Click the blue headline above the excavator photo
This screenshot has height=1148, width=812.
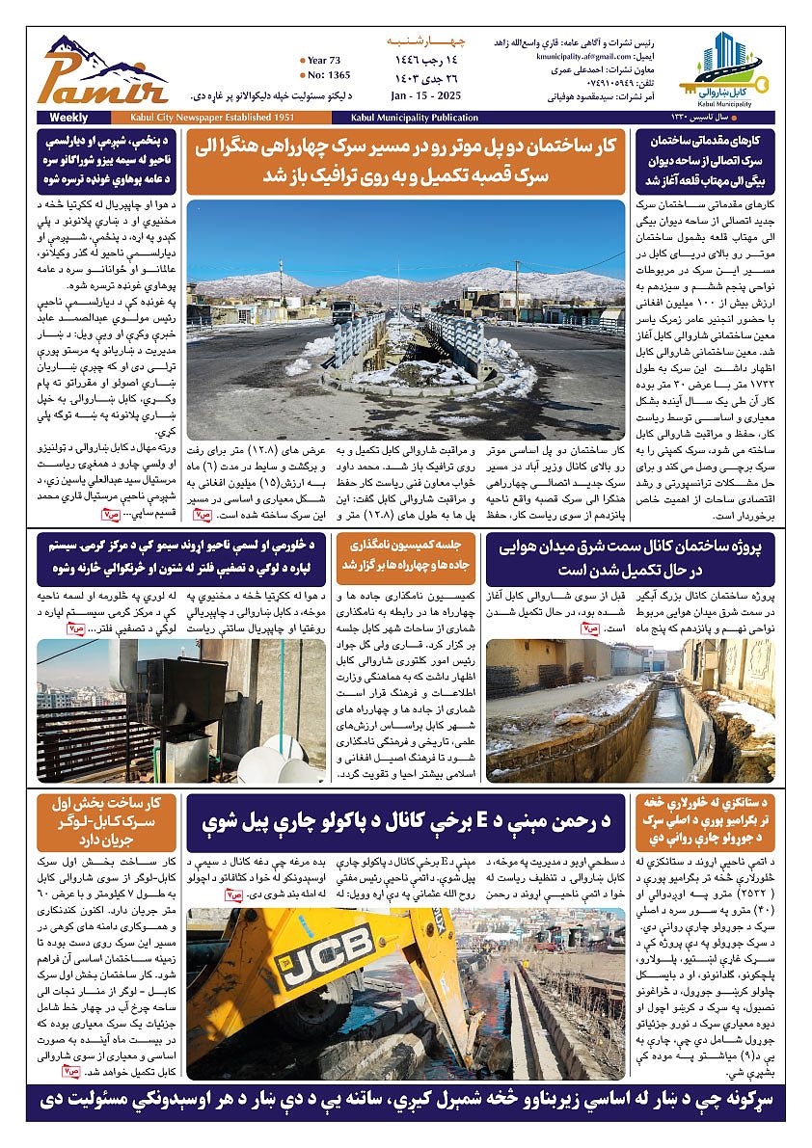[406, 822]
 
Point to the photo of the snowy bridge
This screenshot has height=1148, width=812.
[406, 307]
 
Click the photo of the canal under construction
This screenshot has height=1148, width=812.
[630, 708]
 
